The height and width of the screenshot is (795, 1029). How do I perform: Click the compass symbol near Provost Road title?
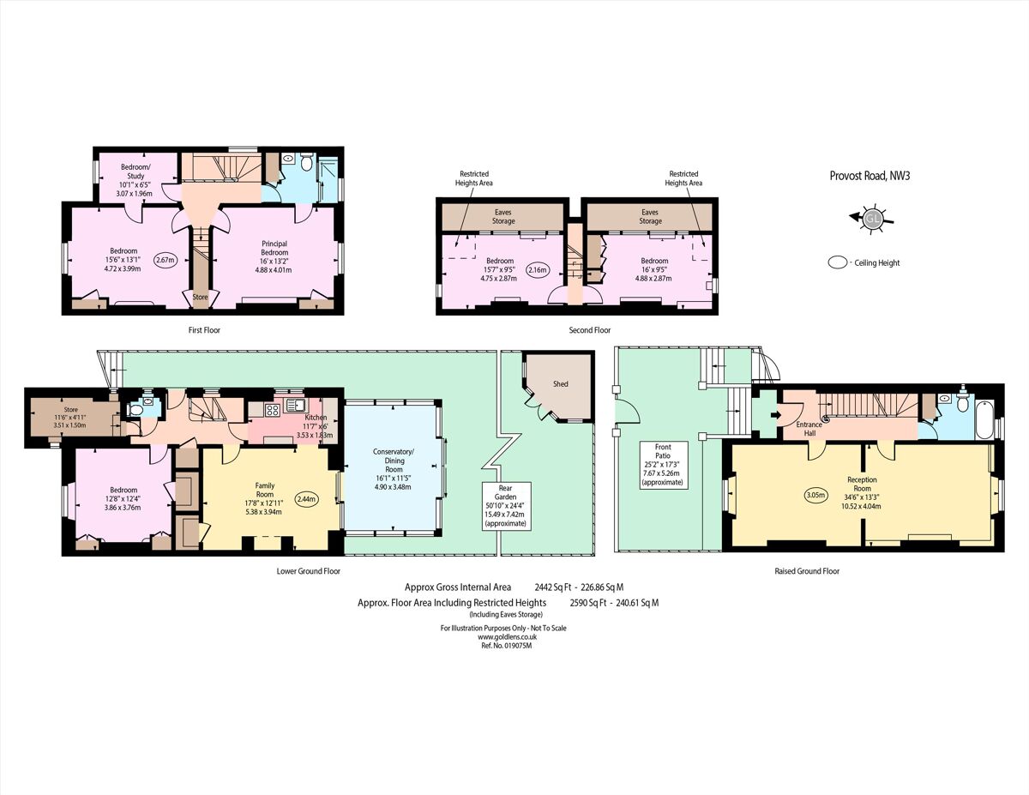pos(873,218)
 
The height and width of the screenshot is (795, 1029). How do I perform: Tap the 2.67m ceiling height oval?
pos(165,260)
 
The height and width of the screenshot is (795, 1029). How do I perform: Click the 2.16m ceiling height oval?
pos(539,270)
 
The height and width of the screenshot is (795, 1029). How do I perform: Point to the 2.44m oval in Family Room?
pos(306,498)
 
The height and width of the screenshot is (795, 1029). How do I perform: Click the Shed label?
pos(560,383)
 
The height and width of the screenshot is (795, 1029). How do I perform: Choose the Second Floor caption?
pos(590,329)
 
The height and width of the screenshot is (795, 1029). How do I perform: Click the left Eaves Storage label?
pos(503,216)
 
